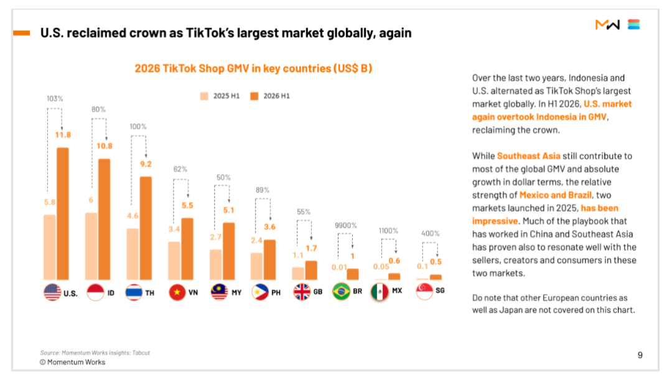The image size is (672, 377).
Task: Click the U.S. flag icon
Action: tap(52, 292)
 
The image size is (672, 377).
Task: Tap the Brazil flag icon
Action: tap(341, 291)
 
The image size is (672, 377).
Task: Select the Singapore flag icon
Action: tap(424, 291)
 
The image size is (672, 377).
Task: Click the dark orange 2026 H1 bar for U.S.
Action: tap(63, 214)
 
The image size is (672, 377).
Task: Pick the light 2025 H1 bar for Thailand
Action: tap(133, 254)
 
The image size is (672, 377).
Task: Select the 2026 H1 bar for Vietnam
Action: tap(187, 249)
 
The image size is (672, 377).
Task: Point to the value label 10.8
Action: tap(104, 146)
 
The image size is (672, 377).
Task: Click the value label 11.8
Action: tap(63, 135)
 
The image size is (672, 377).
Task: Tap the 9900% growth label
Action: tap(345, 225)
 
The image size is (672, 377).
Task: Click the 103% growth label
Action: tap(55, 98)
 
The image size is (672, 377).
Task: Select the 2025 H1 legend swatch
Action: tap(204, 96)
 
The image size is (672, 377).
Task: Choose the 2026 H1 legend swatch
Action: tap(254, 96)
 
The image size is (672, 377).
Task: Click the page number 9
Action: tap(640, 355)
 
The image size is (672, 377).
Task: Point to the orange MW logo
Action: tap(607, 25)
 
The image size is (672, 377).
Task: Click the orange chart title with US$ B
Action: tap(253, 68)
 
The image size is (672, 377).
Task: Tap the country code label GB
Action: tap(317, 292)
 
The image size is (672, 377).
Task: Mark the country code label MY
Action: tap(236, 292)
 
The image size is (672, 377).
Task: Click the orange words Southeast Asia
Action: tap(528, 156)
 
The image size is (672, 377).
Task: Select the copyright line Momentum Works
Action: tap(72, 362)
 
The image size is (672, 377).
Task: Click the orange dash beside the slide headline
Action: tap(21, 33)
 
